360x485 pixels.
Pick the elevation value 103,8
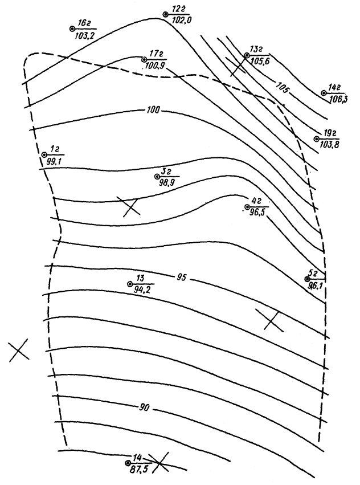click(x=329, y=145)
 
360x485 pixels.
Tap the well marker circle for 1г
click(x=44, y=154)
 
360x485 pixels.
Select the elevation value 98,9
click(x=166, y=182)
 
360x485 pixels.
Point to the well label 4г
click(x=256, y=200)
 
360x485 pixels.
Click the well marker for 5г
click(x=307, y=279)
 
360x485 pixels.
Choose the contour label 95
click(x=182, y=278)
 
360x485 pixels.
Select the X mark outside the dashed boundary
click(x=19, y=350)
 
